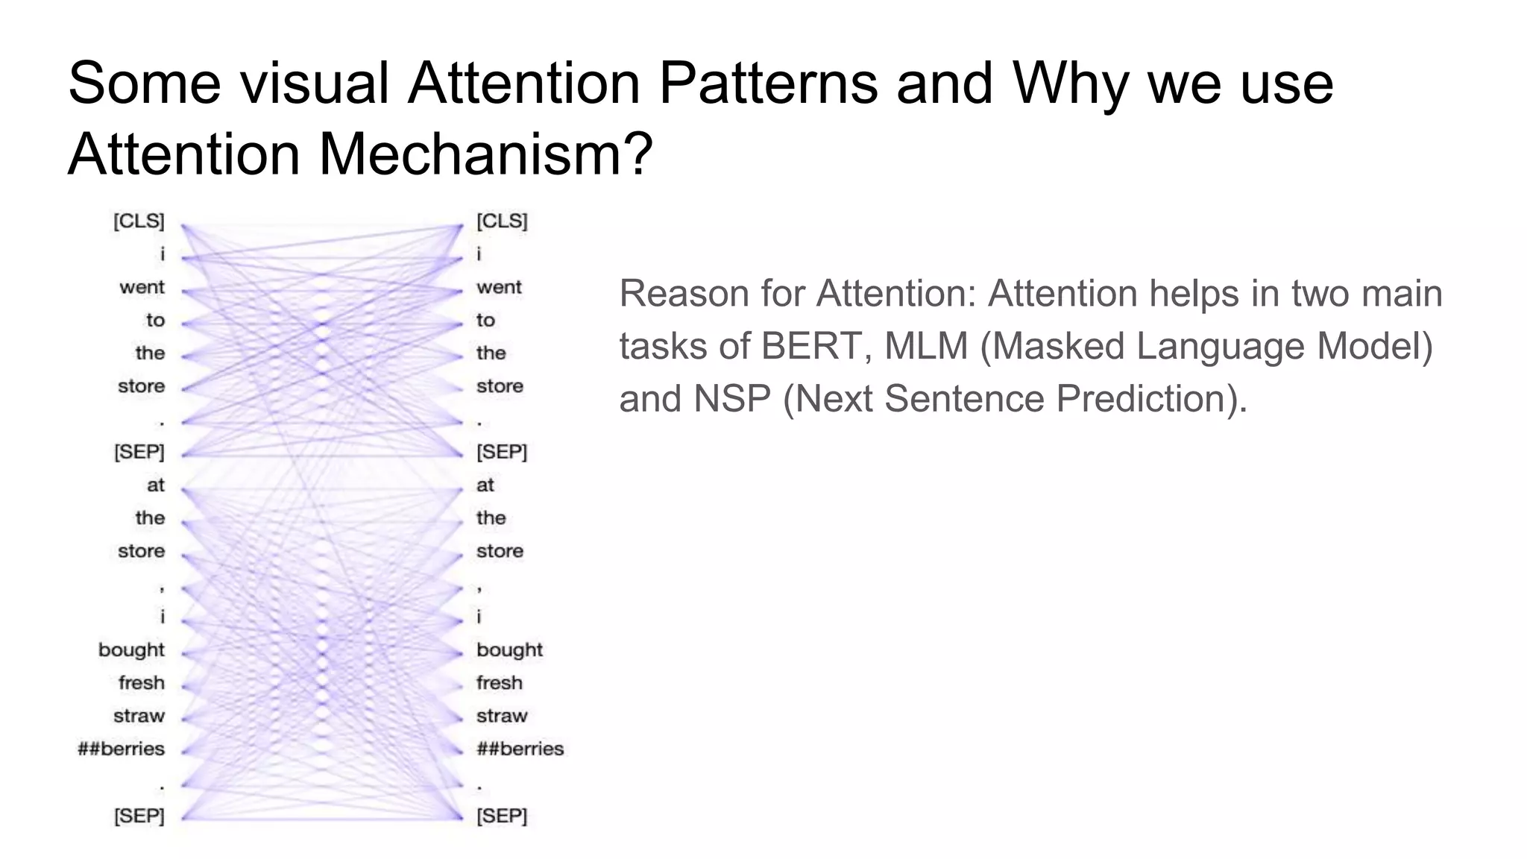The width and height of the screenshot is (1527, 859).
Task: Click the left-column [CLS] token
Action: [x=139, y=221]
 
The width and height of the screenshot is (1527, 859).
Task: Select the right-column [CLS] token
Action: [x=502, y=221]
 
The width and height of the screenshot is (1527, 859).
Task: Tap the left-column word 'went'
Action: [x=142, y=287]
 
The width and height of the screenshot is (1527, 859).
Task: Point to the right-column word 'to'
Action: [x=485, y=321]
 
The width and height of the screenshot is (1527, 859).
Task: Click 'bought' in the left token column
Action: [x=131, y=650]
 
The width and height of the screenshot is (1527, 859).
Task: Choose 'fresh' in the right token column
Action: [x=499, y=683]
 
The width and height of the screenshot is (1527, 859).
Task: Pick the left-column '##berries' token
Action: [x=121, y=749]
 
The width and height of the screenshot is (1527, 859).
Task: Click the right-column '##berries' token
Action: [x=520, y=749]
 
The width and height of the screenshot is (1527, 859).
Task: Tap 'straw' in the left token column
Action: [x=139, y=716]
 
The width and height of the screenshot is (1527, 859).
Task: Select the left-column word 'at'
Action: [x=155, y=485]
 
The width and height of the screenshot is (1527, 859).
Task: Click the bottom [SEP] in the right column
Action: [x=502, y=816]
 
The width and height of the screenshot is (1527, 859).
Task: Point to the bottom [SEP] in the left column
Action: [x=139, y=816]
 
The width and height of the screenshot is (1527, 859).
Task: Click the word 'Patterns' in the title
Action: [x=768, y=84]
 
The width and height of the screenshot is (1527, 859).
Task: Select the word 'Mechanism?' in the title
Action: [x=485, y=154]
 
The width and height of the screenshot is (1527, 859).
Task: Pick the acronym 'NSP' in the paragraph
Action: [x=732, y=398]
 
